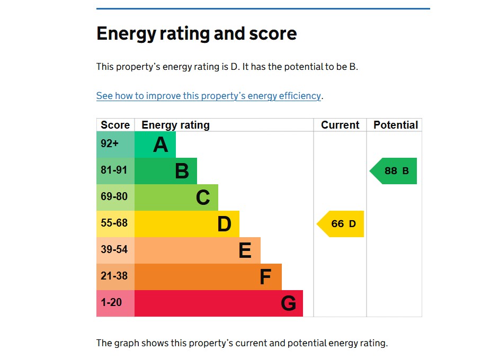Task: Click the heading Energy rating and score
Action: [x=197, y=34]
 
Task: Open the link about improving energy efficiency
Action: [x=209, y=96]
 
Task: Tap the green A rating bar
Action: [x=155, y=145]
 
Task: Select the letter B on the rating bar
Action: [x=182, y=171]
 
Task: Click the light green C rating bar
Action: [x=176, y=197]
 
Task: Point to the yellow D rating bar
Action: [x=186, y=224]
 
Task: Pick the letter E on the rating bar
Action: [x=245, y=250]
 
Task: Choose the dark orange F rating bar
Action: [x=208, y=277]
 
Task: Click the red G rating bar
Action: [x=218, y=303]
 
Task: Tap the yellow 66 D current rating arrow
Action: [x=342, y=224]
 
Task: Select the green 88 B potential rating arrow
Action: [x=395, y=171]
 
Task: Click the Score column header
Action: [x=115, y=125]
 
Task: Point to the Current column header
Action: [x=340, y=125]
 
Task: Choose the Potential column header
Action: [x=396, y=125]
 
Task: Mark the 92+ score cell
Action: [x=115, y=145]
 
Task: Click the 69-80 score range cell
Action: [x=115, y=197]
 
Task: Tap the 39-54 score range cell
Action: [x=115, y=250]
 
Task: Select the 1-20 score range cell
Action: [x=115, y=303]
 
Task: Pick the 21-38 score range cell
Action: [x=115, y=276]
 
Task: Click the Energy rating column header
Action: [x=175, y=125]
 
